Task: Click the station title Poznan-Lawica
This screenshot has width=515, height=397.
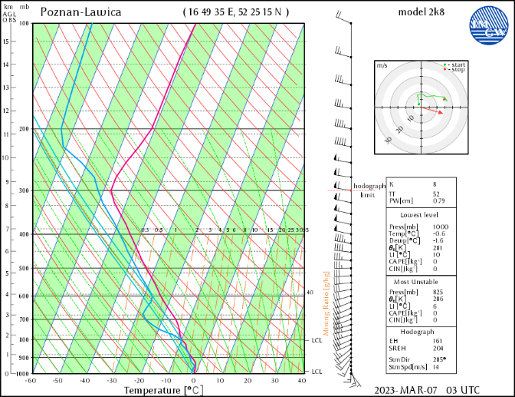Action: (x=78, y=12)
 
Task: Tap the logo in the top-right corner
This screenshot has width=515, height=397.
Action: (x=488, y=23)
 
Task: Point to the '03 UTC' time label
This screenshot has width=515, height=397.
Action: (x=464, y=389)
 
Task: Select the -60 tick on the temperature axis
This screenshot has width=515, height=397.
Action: (x=31, y=380)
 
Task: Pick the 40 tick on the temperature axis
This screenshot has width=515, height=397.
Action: (x=302, y=380)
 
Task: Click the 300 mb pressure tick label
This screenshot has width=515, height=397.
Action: (x=23, y=190)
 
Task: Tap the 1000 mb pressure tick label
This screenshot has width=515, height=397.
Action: (x=22, y=373)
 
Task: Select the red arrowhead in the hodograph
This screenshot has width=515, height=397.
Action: (x=441, y=112)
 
